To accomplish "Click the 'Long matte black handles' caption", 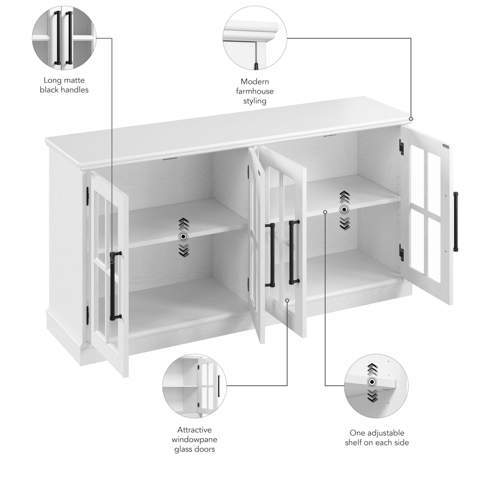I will click(x=64, y=85).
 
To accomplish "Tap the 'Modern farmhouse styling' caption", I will click(x=255, y=91).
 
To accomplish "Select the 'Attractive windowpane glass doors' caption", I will click(x=194, y=439).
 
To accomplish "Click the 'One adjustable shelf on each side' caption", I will click(x=377, y=437).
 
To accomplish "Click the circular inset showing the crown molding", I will click(x=254, y=39).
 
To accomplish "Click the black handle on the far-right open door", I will click(x=456, y=222).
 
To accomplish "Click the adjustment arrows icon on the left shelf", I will click(x=183, y=237).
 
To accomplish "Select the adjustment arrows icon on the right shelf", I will click(x=344, y=210).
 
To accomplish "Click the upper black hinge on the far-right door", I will click(x=401, y=146).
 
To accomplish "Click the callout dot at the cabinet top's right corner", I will click(x=411, y=118).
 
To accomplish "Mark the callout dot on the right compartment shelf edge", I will click(x=325, y=212).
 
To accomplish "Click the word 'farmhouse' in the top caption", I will click(x=255, y=91).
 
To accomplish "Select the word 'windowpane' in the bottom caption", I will click(x=194, y=439).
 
